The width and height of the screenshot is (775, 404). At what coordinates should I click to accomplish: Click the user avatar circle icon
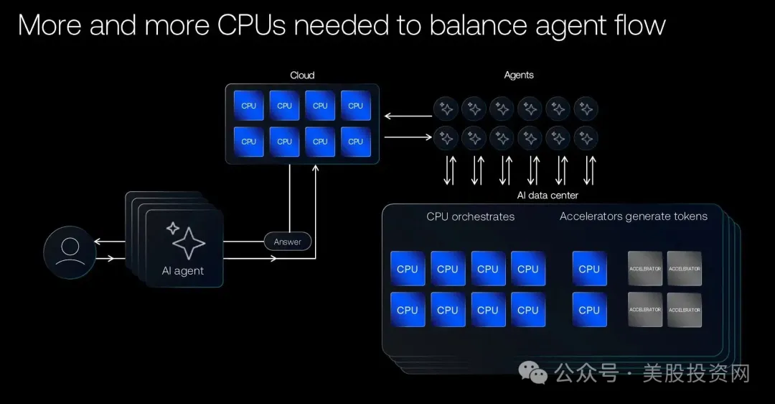point(70,252)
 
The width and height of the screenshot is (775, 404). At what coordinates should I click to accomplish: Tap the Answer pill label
point(288,242)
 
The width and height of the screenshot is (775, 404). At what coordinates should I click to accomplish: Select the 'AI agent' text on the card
point(183,271)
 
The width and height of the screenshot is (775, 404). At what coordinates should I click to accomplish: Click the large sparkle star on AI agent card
point(188,243)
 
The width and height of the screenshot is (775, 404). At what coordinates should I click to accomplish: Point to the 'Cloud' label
point(302,75)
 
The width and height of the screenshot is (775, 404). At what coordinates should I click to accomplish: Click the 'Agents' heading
point(519,75)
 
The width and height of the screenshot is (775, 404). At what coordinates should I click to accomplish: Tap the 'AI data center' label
point(548,196)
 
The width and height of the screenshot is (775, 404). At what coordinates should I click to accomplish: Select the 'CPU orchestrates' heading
point(471,217)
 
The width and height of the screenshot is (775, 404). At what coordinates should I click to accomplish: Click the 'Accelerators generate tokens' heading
point(634,216)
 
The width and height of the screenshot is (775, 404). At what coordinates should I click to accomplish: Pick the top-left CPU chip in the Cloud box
point(248,106)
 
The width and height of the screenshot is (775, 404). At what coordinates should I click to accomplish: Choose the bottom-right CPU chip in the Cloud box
point(355,142)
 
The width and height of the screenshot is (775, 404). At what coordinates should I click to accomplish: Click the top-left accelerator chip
point(645,268)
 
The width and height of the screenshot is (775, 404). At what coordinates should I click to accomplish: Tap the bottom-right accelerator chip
point(685,309)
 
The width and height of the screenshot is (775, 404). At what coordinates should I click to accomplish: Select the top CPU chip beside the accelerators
point(589,269)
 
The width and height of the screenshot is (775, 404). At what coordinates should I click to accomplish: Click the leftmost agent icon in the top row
point(446,109)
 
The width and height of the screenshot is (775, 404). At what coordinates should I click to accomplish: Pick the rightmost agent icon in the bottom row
point(586,139)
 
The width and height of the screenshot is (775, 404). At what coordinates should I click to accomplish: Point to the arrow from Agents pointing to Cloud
point(408,116)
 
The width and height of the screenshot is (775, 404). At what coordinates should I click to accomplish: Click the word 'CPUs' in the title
point(251,24)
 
